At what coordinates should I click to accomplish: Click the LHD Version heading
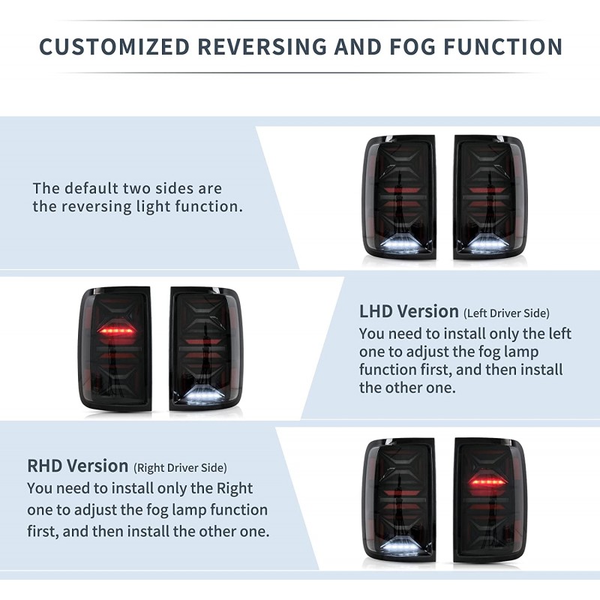409,311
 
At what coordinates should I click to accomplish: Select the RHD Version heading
77,466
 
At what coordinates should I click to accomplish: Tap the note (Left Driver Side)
506,313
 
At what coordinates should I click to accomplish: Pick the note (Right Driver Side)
180,468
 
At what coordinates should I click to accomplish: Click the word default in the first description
89,188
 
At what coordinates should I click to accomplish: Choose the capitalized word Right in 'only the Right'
234,488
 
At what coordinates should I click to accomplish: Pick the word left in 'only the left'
556,333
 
